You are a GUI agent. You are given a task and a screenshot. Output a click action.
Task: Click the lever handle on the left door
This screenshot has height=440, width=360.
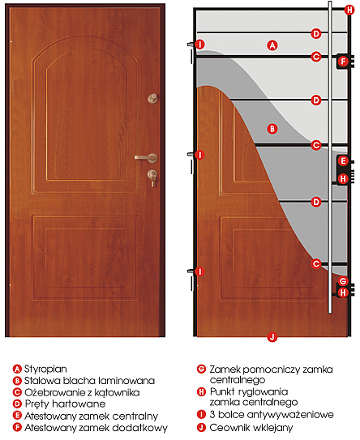click(147, 158)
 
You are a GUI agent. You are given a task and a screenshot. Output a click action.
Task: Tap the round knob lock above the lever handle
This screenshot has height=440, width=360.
click(153, 98)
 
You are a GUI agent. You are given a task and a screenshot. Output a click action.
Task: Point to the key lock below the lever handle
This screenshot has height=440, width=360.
click(152, 177)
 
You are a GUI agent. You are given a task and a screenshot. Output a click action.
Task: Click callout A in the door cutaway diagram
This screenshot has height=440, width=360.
click(272, 45)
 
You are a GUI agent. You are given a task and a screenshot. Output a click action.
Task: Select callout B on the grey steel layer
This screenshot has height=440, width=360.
click(272, 129)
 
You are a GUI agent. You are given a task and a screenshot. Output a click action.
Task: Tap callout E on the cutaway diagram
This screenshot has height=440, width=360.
click(343, 161)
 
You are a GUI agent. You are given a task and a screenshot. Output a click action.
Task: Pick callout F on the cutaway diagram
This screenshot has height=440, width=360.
click(343, 61)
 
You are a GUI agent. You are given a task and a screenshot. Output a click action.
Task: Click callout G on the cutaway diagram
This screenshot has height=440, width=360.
click(343, 281)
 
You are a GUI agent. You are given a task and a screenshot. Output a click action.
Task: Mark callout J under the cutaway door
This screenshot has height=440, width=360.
click(272, 337)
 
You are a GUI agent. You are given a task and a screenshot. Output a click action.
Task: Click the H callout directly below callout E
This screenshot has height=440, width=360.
click(343, 178)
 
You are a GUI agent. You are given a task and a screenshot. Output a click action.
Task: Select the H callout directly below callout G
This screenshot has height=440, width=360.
click(343, 293)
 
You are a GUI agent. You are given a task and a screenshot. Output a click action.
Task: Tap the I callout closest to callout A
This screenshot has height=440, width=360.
click(199, 45)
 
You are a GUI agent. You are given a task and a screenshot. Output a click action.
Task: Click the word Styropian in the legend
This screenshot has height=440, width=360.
click(45, 369)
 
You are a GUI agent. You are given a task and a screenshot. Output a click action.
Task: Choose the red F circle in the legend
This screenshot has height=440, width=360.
click(17, 427)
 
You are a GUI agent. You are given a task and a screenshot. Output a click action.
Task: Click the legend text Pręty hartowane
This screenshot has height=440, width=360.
click(65, 404)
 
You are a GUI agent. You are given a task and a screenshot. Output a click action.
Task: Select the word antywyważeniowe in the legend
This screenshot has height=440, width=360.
click(290, 414)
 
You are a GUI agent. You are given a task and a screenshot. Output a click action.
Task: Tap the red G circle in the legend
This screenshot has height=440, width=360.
click(201, 369)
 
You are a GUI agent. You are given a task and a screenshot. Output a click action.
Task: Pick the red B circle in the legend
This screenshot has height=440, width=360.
click(17, 381)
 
